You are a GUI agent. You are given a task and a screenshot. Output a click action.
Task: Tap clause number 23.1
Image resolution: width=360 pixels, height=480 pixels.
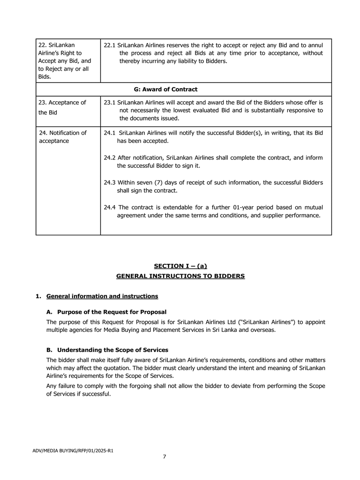coord(110,103)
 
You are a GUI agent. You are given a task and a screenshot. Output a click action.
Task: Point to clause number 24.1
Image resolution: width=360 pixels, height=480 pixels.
coord(110,133)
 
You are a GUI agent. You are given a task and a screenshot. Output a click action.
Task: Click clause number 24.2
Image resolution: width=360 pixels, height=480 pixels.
coord(110,158)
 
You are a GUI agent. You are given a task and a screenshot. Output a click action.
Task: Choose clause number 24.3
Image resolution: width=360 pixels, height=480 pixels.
coord(110,183)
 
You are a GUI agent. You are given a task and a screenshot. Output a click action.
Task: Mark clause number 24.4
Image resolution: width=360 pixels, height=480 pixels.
coord(110,208)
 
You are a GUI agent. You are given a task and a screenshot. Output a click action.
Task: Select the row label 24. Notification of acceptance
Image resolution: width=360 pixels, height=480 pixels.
coord(62,137)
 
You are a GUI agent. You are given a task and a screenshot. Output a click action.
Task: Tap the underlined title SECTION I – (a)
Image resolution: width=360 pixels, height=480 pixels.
coord(180,266)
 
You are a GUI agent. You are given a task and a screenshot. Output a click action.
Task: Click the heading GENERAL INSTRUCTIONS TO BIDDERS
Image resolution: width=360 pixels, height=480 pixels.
coord(180,277)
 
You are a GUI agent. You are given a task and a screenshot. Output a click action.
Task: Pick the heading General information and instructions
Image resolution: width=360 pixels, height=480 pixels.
coord(102,296)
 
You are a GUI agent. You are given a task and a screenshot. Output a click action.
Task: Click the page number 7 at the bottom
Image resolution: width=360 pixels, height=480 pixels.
coord(165,457)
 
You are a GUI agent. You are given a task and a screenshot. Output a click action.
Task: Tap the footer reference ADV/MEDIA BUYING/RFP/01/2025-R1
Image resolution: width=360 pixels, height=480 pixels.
coord(73,451)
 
